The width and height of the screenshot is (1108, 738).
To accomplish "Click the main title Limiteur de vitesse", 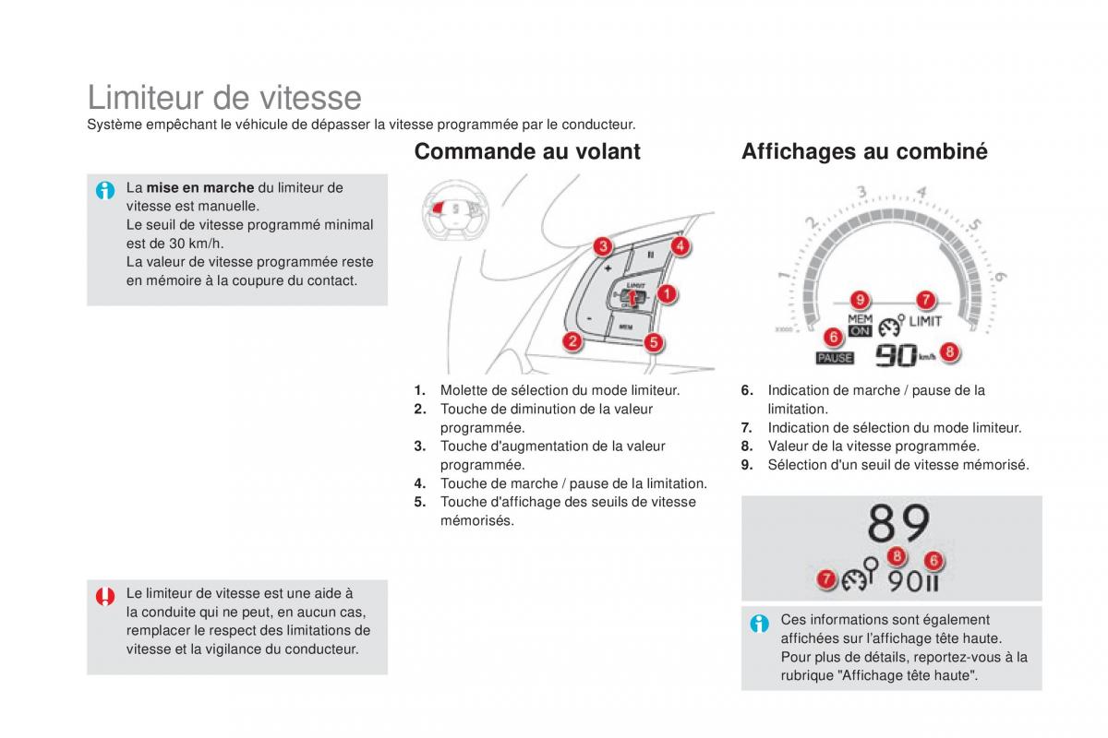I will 224,97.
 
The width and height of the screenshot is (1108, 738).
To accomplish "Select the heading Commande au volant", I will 527,151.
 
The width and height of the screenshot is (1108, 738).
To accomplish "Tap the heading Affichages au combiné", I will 864,151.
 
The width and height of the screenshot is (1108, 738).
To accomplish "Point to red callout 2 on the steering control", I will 573,342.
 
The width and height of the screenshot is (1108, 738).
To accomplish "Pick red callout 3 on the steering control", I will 602,246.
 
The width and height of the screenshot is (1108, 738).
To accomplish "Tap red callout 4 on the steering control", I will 680,246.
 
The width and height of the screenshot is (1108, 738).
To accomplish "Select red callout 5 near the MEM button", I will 652,342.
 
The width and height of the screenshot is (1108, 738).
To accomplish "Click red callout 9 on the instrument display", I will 860,300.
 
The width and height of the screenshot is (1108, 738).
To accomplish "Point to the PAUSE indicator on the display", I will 836,358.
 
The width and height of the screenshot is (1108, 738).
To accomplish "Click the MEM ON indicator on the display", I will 860,325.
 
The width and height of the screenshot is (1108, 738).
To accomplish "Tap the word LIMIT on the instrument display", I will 925,322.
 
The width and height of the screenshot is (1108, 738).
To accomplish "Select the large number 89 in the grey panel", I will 898,525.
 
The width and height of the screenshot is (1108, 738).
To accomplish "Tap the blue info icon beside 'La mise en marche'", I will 106,191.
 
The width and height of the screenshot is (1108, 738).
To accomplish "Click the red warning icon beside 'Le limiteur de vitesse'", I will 106,596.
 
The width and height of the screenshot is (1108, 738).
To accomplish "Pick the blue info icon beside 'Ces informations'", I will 760,624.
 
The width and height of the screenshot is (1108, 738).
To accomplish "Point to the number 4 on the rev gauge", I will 921,194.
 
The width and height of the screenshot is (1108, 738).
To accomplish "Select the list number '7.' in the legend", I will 747,428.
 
